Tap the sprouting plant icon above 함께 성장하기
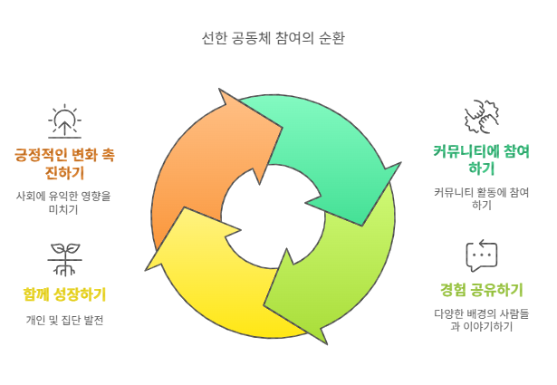coord(62,258)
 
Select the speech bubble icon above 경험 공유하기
coord(481,255)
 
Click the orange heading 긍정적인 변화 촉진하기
coord(63,162)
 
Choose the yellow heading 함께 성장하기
coord(63,294)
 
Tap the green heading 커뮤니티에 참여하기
coord(481,159)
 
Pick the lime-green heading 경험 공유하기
coord(481,290)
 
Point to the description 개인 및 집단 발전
coord(63,320)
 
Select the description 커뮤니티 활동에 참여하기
coord(481,198)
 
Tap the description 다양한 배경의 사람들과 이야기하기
coord(481,320)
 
